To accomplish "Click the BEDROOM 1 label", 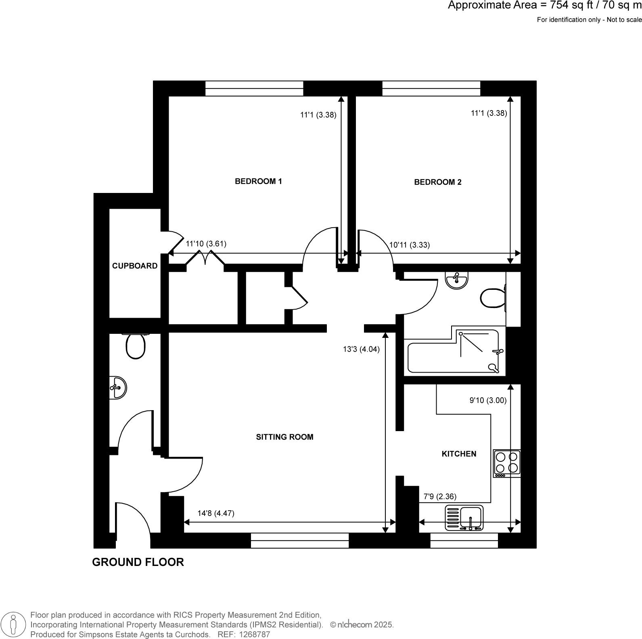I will [258, 181].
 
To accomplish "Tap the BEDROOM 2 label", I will [437, 182].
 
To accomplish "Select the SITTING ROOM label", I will [284, 437].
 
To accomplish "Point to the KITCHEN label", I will [459, 454].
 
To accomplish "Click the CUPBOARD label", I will [135, 266].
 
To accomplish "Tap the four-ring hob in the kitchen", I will [507, 463].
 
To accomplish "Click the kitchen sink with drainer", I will [464, 517].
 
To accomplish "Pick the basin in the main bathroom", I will [457, 280].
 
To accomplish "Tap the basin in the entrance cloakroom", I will [118, 388].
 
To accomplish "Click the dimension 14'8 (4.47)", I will [216, 513].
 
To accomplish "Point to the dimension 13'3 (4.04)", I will [361, 350].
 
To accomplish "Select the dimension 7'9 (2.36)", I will [440, 497].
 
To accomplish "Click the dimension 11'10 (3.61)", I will [206, 244].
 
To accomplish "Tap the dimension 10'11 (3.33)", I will [409, 245].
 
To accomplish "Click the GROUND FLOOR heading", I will [138, 562].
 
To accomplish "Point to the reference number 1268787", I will [255, 635].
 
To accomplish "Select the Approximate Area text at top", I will [544, 6].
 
